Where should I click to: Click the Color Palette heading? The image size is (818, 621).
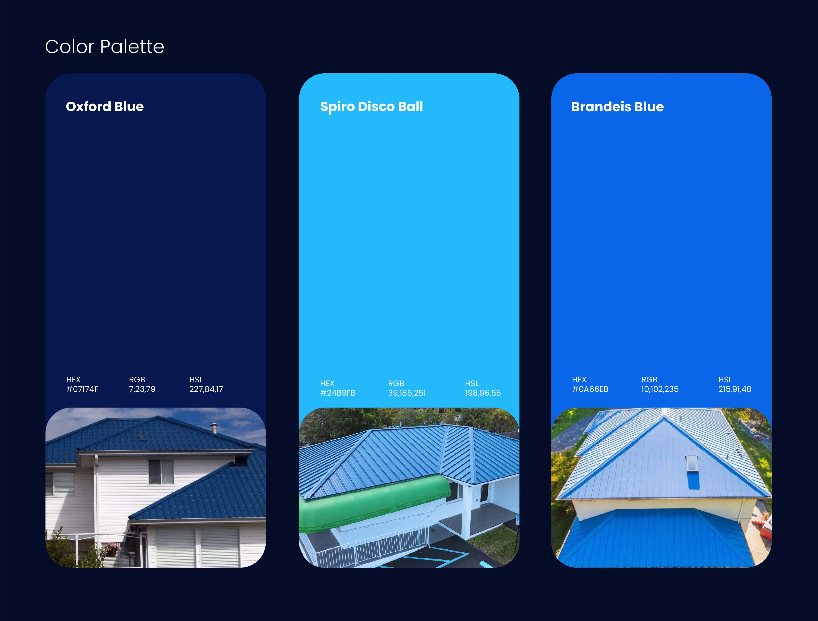pos(105,47)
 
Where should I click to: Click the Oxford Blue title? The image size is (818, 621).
pos(105,107)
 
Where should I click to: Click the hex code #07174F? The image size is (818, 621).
pos(82,389)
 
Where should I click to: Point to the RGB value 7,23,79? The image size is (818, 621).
pos(142,389)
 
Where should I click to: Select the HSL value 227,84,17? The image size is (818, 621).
pos(206,389)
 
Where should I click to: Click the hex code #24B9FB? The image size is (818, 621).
pos(338,393)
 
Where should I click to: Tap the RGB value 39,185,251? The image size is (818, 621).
pos(407,393)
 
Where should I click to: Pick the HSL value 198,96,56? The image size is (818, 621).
pos(483,393)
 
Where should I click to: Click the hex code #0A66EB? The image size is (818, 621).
pos(590,389)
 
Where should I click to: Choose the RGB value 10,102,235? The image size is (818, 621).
pos(660,389)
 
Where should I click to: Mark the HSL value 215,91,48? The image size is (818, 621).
pos(734,389)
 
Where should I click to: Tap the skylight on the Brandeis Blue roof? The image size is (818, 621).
pos(692,463)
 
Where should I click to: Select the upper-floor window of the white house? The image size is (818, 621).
pos(161,472)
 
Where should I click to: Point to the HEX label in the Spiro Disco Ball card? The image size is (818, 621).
pos(327,383)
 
